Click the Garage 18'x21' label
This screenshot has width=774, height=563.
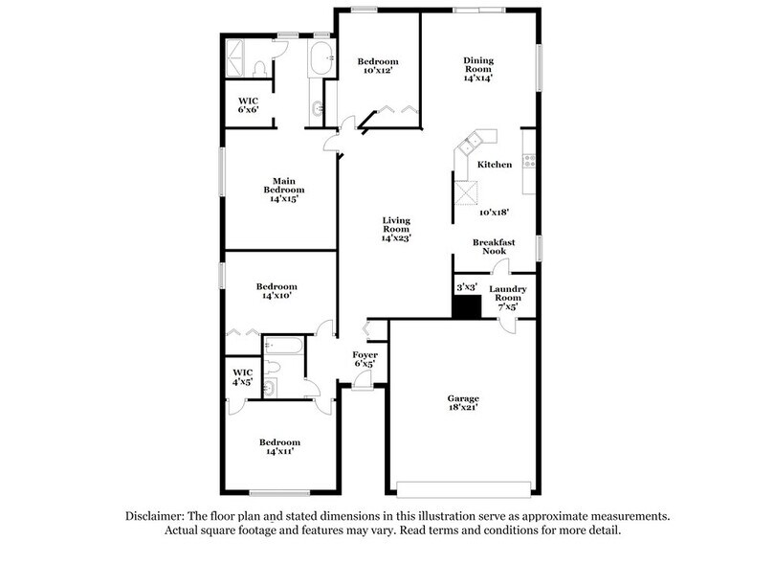(x=463, y=402)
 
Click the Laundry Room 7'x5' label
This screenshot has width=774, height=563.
(x=507, y=299)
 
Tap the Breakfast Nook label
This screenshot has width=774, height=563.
(x=494, y=248)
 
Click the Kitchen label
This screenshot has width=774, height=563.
(x=496, y=166)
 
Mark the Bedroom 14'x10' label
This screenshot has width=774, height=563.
(x=276, y=291)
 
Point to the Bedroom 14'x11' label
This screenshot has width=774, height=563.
(x=279, y=447)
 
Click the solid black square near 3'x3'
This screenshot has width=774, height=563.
(x=466, y=306)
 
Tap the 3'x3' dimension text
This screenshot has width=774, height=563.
(x=466, y=286)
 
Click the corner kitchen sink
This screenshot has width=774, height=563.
(x=470, y=146)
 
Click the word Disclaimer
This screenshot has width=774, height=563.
(x=157, y=515)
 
